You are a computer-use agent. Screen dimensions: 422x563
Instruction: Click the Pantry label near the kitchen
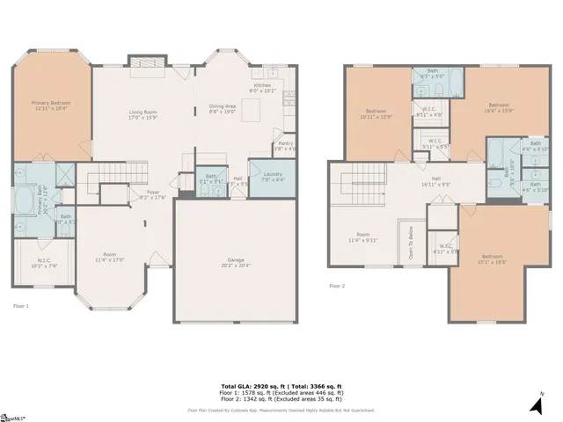coord(285,146)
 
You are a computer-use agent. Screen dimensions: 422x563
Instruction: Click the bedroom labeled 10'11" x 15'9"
coord(377,113)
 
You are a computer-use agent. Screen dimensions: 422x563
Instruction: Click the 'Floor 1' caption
coord(21,306)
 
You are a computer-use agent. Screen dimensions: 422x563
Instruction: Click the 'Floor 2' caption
coord(337,286)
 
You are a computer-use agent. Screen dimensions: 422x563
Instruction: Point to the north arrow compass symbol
coord(535,404)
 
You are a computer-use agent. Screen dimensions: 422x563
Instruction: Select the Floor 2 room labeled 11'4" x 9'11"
coord(362,236)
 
